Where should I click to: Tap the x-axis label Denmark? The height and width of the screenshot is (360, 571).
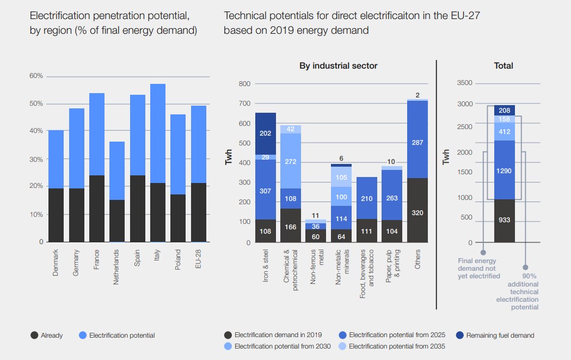tap(57, 263)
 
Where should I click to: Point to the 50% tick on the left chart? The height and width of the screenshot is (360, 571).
tap(36, 103)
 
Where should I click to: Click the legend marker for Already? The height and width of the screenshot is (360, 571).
tap(34, 335)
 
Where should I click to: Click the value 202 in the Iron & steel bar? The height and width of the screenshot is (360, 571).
tap(266, 132)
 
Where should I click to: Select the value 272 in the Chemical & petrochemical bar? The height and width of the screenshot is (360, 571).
tap(291, 162)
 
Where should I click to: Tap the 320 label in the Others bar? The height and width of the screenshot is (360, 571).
tap(417, 212)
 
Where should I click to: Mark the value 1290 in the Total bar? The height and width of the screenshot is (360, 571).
tap(505, 170)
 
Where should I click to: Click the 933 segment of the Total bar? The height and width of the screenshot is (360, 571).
tap(505, 220)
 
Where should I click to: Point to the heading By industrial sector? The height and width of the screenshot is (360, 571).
tap(338, 66)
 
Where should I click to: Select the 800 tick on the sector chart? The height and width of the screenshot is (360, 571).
tap(244, 84)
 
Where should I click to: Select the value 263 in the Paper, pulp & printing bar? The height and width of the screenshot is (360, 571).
tap(392, 198)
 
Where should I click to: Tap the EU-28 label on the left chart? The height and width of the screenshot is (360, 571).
tap(199, 260)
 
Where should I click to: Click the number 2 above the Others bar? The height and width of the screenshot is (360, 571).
tap(417, 95)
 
